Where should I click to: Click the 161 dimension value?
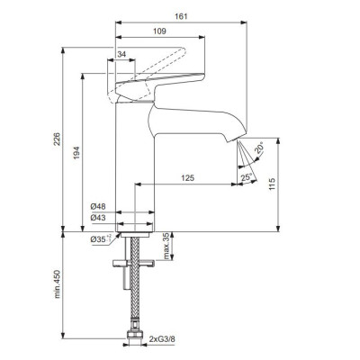(x=181, y=16)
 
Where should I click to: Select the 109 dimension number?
(x=159, y=31)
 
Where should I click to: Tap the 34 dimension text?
(x=121, y=54)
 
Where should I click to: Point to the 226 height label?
(x=57, y=139)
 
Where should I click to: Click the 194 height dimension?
(x=76, y=153)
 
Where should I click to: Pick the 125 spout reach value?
(x=188, y=178)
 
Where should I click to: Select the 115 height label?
(x=272, y=184)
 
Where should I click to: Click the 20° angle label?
(x=260, y=148)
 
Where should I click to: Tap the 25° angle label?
(x=246, y=177)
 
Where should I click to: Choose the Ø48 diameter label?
(x=98, y=206)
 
